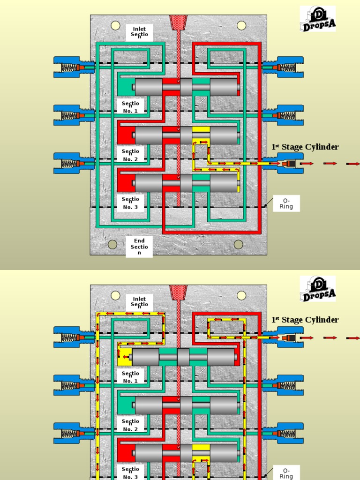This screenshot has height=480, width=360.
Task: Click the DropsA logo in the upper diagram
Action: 318,19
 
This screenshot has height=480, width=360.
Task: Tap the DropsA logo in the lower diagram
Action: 318,289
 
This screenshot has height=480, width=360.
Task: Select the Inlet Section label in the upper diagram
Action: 139,32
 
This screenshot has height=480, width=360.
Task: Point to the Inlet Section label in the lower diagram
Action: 139,302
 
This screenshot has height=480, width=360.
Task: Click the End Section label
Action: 139,247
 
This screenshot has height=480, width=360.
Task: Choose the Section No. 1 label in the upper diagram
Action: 130,107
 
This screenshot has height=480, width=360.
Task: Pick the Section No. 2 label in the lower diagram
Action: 130,425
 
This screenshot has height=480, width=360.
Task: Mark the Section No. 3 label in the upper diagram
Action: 130,203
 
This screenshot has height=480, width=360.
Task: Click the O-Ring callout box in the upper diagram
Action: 286,203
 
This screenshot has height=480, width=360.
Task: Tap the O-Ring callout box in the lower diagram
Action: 286,473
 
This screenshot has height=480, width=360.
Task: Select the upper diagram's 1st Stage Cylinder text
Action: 305,147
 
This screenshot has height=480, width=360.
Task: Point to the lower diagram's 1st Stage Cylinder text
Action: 305,320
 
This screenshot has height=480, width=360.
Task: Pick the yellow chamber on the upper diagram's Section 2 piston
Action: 201,129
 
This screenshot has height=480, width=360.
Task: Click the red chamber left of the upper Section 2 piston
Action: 125,135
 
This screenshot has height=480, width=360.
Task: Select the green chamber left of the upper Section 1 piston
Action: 125,87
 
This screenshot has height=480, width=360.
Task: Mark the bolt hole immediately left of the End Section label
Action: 112,244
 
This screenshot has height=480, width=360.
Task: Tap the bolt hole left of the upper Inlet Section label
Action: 115,25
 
